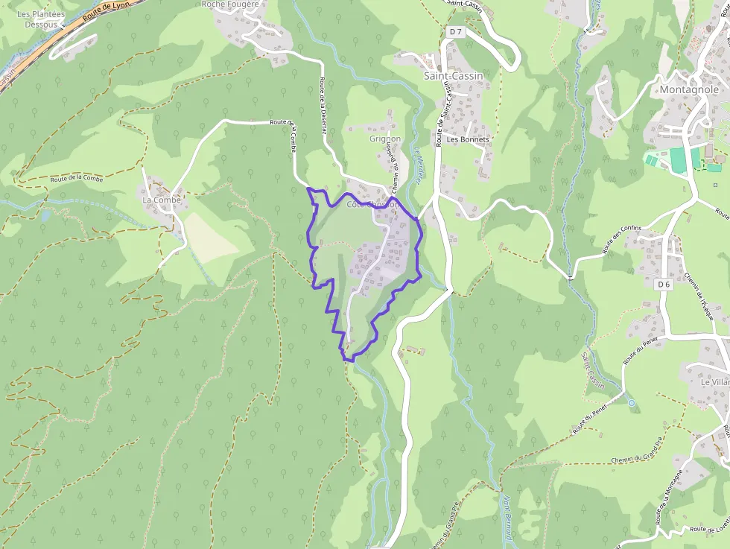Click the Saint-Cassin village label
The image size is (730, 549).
453,76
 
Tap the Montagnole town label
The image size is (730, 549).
689,89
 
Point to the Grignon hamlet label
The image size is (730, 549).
385,139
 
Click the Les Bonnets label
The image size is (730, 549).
468,139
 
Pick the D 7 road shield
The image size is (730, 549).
457,32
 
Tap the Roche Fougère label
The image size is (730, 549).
230,4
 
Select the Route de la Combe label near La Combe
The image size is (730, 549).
77,179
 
